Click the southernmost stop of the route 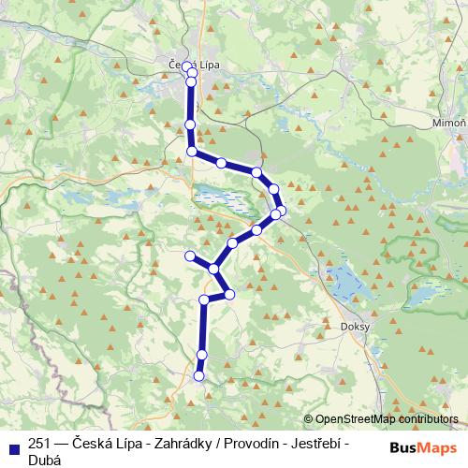(198, 376)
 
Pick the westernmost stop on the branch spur (190, 256)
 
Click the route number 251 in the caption (40, 444)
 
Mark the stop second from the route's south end (201, 354)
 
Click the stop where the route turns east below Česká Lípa (192, 151)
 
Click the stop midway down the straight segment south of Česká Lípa (190, 124)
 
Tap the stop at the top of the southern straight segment (204, 300)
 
